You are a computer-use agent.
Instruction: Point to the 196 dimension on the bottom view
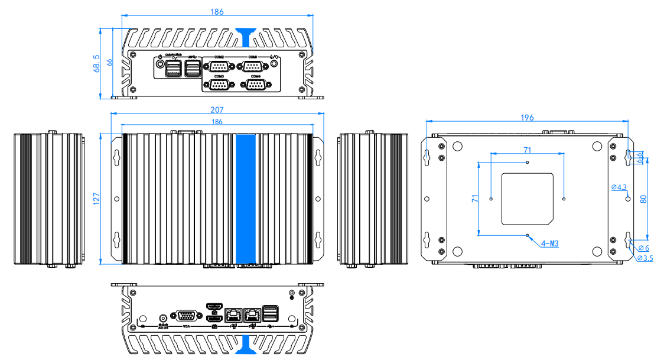tap(527, 118)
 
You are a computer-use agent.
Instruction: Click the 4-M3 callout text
tap(550, 243)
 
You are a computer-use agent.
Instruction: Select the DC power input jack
tap(163, 317)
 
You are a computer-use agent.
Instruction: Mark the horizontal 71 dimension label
tap(527, 150)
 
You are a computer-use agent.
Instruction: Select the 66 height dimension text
tap(109, 63)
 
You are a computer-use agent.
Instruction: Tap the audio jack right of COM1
tap(274, 66)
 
